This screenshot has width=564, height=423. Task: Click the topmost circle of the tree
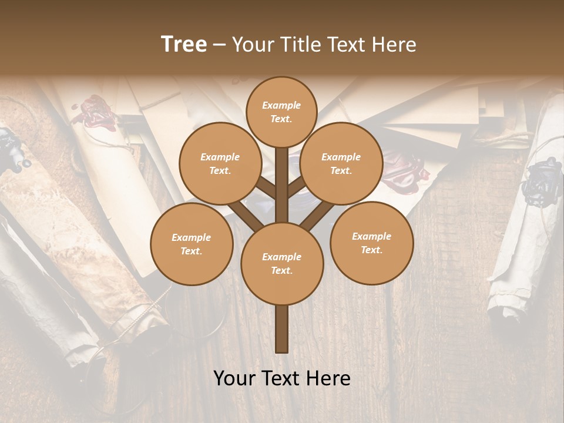pyautogui.click(x=281, y=112)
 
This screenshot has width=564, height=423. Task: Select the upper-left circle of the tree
pyautogui.click(x=220, y=163)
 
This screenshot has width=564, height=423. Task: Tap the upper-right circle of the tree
pyautogui.click(x=341, y=163)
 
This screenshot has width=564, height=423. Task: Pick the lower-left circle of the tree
pyautogui.click(x=191, y=244)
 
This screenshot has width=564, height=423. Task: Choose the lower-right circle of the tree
pyautogui.click(x=371, y=243)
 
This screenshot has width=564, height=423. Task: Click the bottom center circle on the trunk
pyautogui.click(x=281, y=263)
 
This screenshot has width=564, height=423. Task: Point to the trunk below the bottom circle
pyautogui.click(x=281, y=329)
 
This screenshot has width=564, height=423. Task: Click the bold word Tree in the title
pyautogui.click(x=184, y=44)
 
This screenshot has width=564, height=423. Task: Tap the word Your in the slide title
pyautogui.click(x=253, y=44)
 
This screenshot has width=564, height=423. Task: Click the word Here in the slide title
pyautogui.click(x=394, y=44)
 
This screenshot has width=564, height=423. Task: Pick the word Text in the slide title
pyautogui.click(x=345, y=44)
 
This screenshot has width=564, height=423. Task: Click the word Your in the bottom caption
pyautogui.click(x=235, y=378)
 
